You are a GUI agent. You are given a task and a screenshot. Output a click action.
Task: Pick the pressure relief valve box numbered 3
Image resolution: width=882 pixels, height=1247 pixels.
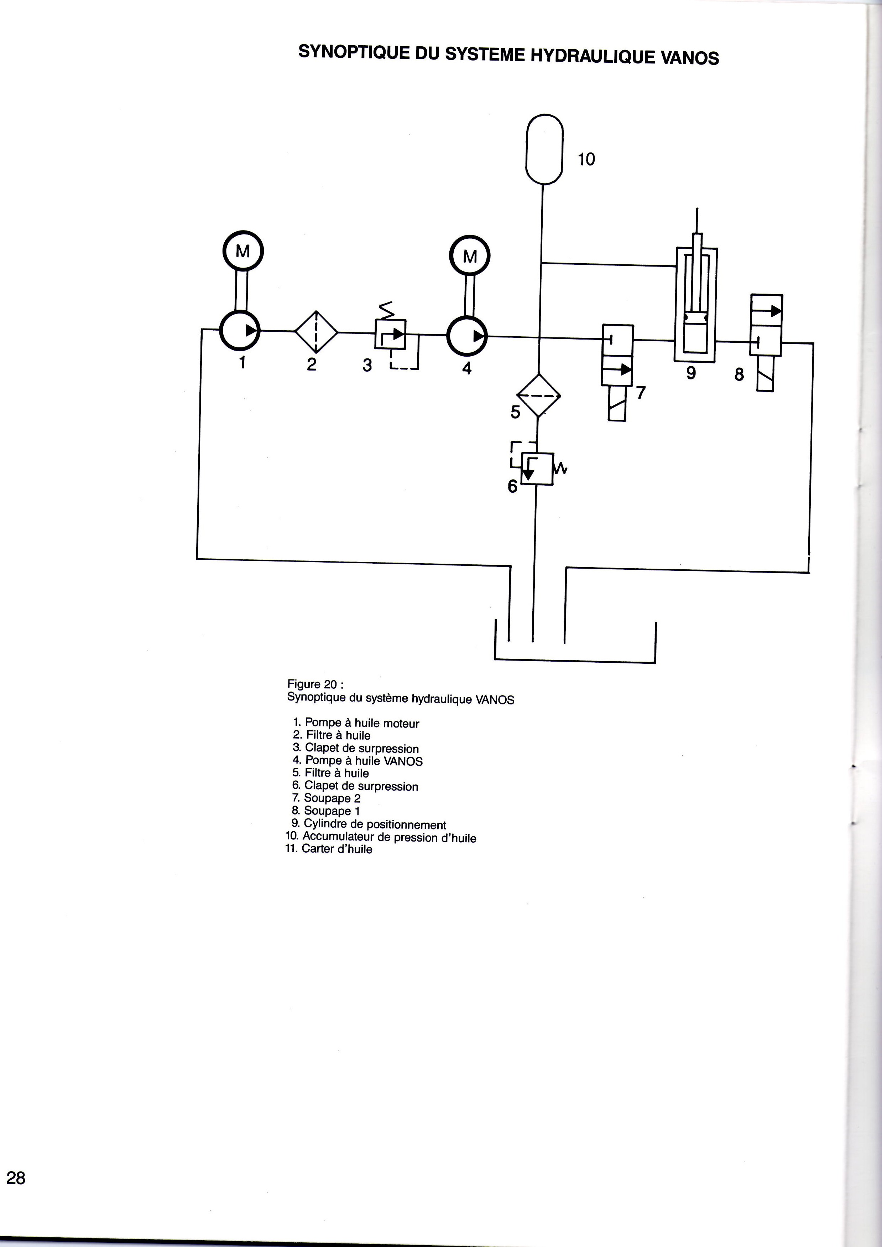(x=390, y=333)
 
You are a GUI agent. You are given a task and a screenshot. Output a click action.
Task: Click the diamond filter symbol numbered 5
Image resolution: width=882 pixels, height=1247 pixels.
(x=538, y=395)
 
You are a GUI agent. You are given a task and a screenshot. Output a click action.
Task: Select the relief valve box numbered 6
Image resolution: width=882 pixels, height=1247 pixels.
(x=537, y=469)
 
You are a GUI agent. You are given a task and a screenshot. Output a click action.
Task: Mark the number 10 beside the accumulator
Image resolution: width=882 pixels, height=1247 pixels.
(x=586, y=159)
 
